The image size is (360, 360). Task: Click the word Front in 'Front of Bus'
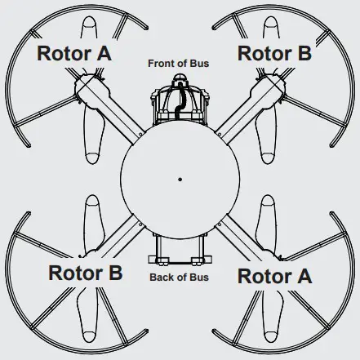click(160, 64)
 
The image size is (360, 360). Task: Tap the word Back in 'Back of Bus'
click(161, 278)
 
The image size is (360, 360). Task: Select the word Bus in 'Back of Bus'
click(199, 278)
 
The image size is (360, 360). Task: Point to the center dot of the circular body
click(180, 180)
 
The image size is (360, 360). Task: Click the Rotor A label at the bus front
click(74, 53)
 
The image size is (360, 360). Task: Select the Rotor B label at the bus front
click(274, 53)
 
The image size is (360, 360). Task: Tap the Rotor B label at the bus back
click(86, 273)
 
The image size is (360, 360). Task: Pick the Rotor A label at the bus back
click(274, 277)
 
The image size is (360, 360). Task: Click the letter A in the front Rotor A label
click(104, 53)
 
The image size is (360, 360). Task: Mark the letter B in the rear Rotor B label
click(116, 273)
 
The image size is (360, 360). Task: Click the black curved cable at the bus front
click(180, 99)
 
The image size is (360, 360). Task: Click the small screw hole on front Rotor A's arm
click(140, 134)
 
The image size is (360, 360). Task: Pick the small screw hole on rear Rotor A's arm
click(220, 224)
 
